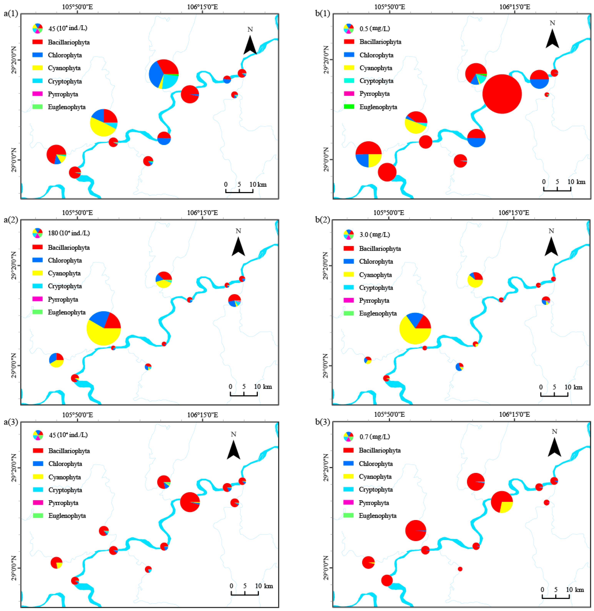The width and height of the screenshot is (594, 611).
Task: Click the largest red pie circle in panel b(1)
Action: [502, 94]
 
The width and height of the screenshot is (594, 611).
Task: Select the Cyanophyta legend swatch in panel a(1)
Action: [37, 68]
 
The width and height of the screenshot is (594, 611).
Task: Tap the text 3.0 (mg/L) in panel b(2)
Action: [374, 235]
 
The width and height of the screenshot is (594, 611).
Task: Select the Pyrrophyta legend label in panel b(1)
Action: [374, 94]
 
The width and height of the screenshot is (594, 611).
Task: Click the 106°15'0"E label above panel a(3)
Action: [202, 415]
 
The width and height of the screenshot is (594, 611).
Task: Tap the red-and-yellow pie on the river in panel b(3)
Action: [502, 502]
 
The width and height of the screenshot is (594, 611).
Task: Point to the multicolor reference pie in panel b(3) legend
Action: [349, 437]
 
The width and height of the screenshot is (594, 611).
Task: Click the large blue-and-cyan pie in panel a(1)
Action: [163, 74]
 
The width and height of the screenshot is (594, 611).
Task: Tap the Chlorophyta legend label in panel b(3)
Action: [376, 464]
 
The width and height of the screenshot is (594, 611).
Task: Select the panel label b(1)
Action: [322, 14]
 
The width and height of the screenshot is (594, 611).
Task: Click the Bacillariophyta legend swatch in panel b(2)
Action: [349, 248]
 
